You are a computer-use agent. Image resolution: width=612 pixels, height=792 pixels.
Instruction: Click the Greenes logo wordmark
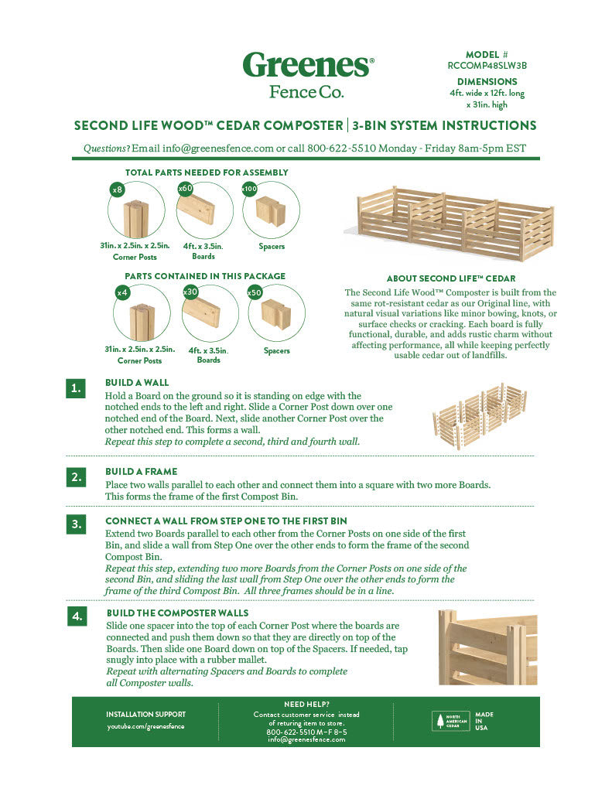pyautogui.click(x=308, y=64)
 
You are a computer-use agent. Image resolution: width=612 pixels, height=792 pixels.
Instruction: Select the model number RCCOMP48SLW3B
pyautogui.click(x=487, y=66)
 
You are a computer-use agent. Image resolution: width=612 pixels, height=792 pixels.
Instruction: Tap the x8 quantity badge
pyautogui.click(x=118, y=189)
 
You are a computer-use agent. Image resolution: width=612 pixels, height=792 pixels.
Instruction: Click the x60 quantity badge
pyautogui.click(x=185, y=188)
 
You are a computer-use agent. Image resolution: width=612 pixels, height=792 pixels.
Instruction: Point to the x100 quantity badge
pyautogui.click(x=249, y=189)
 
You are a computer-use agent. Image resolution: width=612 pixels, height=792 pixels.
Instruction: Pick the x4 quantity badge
pyautogui.click(x=121, y=293)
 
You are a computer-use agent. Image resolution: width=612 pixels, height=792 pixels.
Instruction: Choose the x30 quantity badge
pyautogui.click(x=190, y=292)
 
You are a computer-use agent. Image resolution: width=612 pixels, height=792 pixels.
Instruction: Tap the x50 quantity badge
pyautogui.click(x=255, y=292)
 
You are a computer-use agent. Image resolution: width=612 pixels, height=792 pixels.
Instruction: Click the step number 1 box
pyautogui.click(x=75, y=388)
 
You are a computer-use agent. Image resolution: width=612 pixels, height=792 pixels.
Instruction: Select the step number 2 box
pyautogui.click(x=75, y=477)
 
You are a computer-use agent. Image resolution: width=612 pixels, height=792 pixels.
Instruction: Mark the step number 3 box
pyautogui.click(x=75, y=524)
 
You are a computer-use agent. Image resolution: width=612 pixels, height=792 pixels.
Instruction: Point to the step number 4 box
pyautogui.click(x=75, y=616)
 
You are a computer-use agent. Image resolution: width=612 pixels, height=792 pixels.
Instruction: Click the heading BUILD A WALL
pyautogui.click(x=137, y=383)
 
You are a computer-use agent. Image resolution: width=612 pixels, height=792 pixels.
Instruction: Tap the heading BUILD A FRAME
pyautogui.click(x=142, y=472)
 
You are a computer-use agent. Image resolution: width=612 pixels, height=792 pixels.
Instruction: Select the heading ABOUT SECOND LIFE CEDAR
pyautogui.click(x=450, y=278)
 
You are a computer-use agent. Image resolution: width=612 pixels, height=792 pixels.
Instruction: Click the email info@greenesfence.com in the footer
pyautogui.click(x=306, y=739)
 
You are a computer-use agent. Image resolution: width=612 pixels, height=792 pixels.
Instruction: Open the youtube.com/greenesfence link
pyautogui.click(x=145, y=726)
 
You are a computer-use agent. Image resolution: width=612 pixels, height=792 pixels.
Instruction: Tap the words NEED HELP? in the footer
pyautogui.click(x=306, y=704)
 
